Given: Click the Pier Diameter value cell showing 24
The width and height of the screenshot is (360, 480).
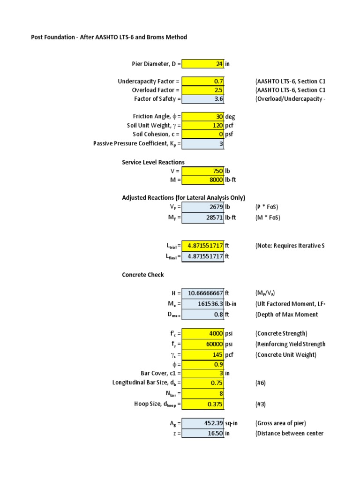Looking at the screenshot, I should pos(202,64).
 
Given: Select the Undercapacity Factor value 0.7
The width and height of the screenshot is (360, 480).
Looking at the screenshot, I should pos(202,82).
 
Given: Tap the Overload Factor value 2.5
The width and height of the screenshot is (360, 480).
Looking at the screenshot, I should pos(202,90).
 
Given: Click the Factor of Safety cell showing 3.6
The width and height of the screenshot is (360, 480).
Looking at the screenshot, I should pos(202,98).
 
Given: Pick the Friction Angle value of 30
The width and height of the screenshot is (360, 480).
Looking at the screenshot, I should pos(202,116).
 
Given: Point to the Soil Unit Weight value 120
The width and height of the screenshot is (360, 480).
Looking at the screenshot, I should pos(202,125).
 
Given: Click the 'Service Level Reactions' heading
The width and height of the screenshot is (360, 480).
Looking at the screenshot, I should pos(153,162).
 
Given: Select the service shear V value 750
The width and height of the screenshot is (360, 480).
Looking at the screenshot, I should pos(202,171).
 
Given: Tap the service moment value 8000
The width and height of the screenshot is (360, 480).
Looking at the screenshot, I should pos(202,180).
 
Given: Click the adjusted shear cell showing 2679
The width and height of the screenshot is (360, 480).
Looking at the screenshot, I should pos(202,206).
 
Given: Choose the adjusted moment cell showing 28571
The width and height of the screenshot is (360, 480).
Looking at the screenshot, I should pos(202,218).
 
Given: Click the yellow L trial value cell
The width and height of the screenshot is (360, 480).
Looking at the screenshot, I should pos(202,245).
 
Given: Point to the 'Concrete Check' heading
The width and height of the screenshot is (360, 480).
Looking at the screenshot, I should pos(143,275).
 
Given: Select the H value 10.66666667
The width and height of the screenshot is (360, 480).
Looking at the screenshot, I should pos(202,293).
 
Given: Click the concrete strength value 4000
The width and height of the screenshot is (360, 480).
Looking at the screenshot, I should pos(202,334).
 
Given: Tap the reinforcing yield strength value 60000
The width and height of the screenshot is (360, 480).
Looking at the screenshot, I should pos(202,344).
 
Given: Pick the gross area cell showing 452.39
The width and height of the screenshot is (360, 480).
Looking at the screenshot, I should pos(202,423).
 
